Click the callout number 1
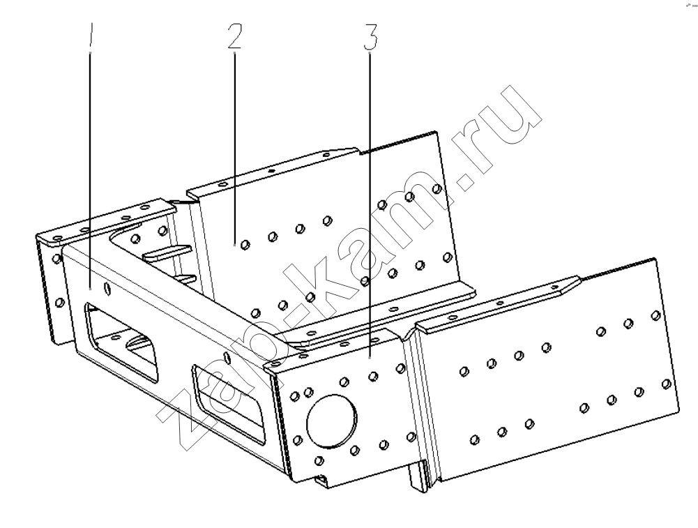pos(91,35)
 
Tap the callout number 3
pos(370,38)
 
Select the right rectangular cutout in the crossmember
pos(228,405)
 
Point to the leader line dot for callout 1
pos(91,289)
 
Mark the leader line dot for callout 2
pos(234,244)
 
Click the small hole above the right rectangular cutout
pos(227,356)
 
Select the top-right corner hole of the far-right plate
pos(655,316)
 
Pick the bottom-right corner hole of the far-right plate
pos(667,384)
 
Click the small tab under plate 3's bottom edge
pos(321,480)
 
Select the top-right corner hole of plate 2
pos(437,190)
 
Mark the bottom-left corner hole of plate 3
pos(318,460)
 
